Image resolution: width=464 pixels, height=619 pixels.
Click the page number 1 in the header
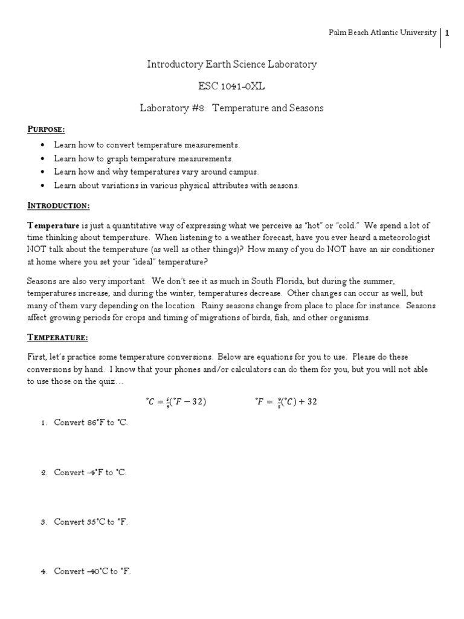point(447,33)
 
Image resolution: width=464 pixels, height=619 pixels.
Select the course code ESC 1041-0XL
point(231,86)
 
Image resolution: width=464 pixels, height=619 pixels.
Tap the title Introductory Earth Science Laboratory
point(231,64)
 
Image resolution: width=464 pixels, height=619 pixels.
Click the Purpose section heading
point(46,129)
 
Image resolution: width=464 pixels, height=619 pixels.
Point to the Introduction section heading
point(59,206)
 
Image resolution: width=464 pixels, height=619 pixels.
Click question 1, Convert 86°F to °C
point(91,423)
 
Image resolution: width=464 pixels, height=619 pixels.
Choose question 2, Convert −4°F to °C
point(90,472)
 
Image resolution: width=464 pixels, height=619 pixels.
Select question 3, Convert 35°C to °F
point(91,521)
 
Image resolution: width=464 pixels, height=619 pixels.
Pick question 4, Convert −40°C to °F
point(92,571)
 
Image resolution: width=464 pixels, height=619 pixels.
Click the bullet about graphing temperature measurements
point(143,158)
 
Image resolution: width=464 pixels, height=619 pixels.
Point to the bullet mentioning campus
point(155,172)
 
